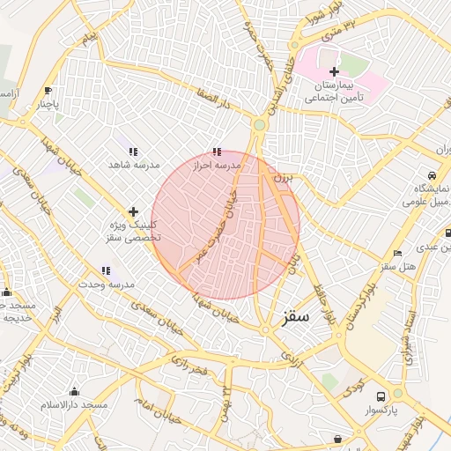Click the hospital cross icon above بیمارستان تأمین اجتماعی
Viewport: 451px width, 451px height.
[334, 71]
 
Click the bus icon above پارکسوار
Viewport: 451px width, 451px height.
[381, 396]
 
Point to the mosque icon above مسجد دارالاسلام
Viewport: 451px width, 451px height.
[74, 392]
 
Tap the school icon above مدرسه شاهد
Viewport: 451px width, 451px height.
[133, 152]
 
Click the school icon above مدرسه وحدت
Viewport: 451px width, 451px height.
[106, 271]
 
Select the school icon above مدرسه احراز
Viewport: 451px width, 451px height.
[217, 152]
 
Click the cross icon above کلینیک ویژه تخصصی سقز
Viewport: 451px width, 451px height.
[133, 211]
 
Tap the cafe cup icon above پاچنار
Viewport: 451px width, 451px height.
[48, 91]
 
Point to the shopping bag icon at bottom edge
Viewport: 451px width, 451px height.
[337, 439]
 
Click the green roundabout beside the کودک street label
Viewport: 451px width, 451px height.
[397, 393]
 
